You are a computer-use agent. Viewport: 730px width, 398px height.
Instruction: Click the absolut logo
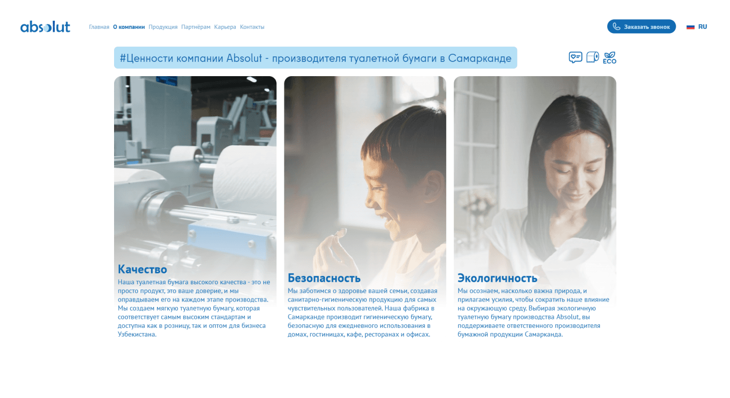tap(45, 27)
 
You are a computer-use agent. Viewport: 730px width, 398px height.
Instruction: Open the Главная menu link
tap(99, 27)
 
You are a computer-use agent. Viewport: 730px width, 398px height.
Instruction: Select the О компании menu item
tap(129, 27)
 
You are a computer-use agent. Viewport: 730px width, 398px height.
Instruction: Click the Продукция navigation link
tap(163, 27)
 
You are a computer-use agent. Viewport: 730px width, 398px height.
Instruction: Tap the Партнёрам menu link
tap(196, 27)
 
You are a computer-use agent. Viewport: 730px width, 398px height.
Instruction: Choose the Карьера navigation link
tap(225, 27)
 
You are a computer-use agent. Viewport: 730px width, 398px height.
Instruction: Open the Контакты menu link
tap(252, 27)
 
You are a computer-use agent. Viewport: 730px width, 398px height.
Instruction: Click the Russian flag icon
tap(690, 27)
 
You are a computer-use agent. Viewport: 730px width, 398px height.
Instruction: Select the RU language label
tap(703, 27)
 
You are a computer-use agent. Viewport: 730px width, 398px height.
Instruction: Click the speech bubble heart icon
tap(575, 57)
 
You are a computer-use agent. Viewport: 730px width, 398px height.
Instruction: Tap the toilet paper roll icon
tap(593, 57)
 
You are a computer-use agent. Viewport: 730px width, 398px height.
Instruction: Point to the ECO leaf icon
tap(609, 58)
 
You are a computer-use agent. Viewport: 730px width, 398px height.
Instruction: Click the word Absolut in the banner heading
tap(244, 58)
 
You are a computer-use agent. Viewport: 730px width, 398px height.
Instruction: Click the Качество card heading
tap(142, 269)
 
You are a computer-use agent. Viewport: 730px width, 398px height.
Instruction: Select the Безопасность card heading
tap(324, 278)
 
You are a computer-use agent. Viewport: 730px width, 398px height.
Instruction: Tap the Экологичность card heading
tap(497, 278)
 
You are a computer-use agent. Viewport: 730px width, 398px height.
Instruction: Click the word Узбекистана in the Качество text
tap(137, 335)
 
